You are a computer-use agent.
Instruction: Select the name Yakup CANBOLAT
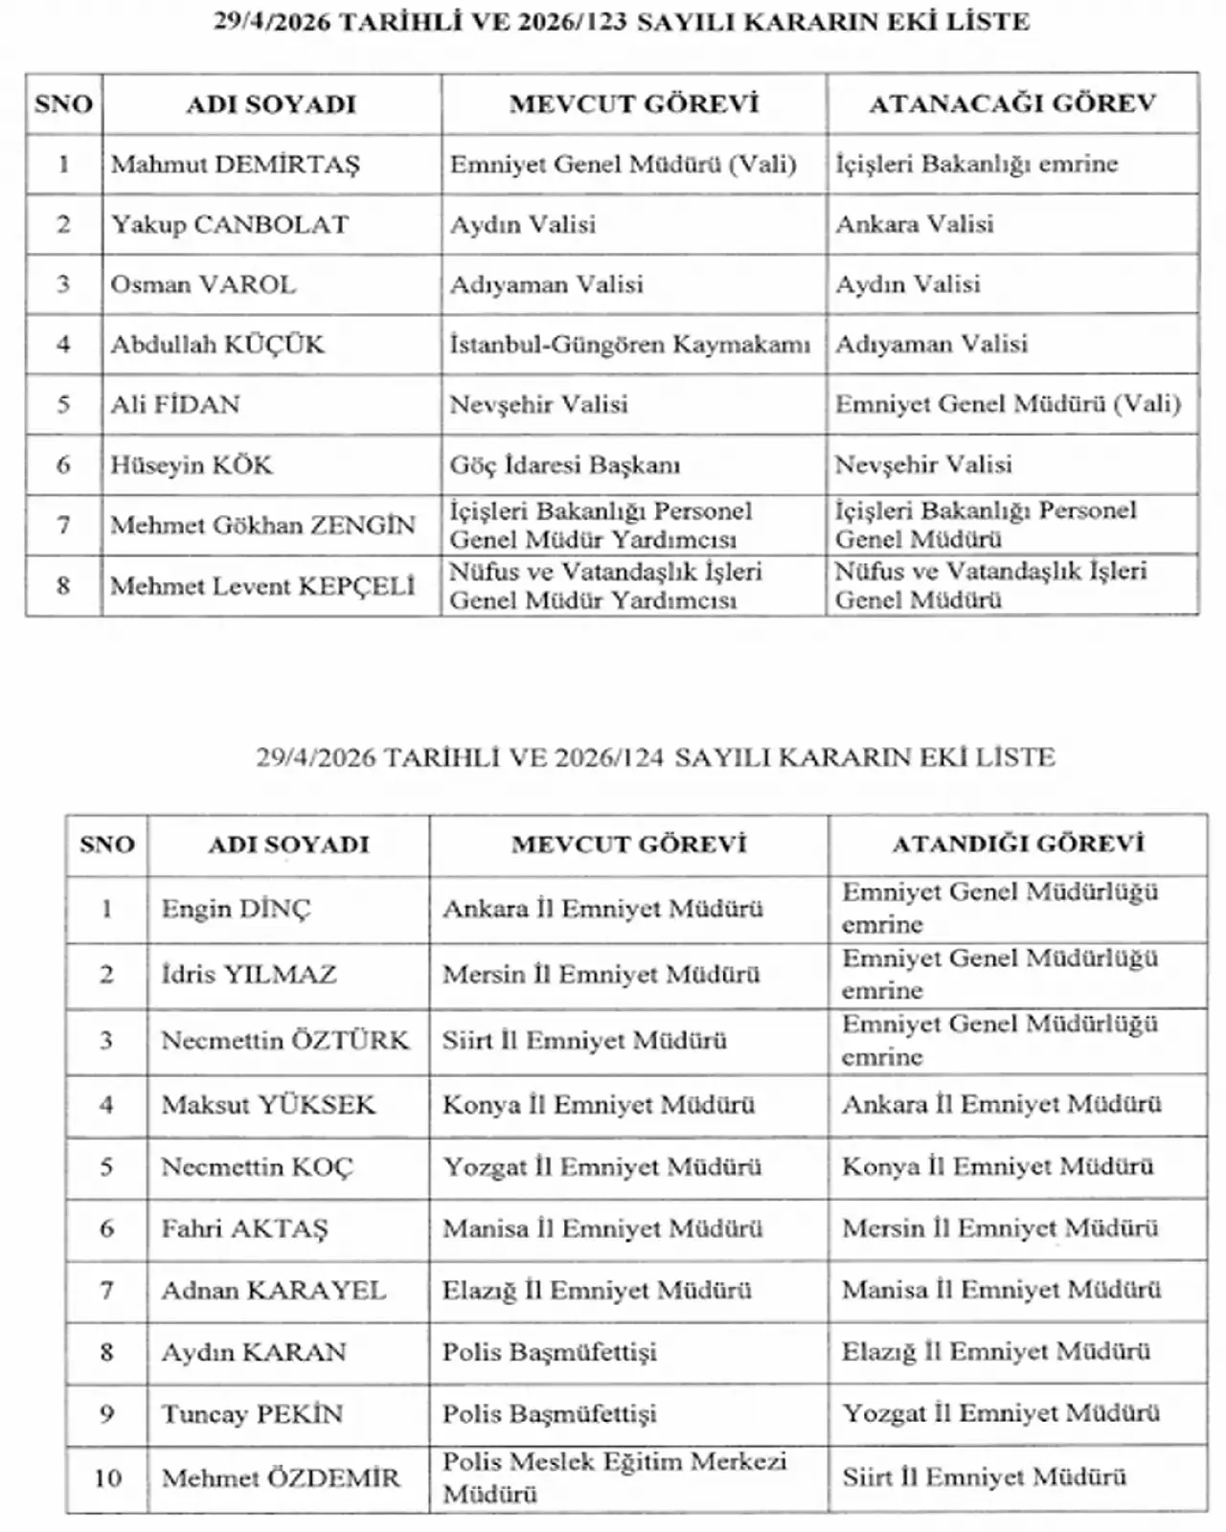pyautogui.click(x=230, y=225)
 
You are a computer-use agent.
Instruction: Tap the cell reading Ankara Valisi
pyautogui.click(x=915, y=224)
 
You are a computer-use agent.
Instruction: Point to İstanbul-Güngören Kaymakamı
pyautogui.click(x=630, y=345)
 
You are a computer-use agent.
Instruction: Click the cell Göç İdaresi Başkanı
pyautogui.click(x=565, y=465)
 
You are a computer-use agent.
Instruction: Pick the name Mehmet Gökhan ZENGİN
pyautogui.click(x=263, y=525)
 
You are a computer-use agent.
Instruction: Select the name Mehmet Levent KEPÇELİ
pyautogui.click(x=263, y=585)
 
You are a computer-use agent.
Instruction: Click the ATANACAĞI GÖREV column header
pyautogui.click(x=1012, y=103)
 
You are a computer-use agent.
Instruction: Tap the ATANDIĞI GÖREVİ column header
pyautogui.click(x=1018, y=844)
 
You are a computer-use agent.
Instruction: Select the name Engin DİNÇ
pyautogui.click(x=237, y=909)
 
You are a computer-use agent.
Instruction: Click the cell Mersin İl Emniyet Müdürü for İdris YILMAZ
pyautogui.click(x=602, y=975)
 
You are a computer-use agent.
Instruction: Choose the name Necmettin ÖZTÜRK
pyautogui.click(x=284, y=1040)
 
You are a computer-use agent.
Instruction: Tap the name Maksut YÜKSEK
pyautogui.click(x=268, y=1105)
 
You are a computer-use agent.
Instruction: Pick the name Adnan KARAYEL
pyautogui.click(x=274, y=1291)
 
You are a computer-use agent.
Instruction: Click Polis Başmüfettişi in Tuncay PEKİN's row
pyautogui.click(x=550, y=1414)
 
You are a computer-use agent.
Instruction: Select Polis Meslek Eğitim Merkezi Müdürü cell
pyautogui.click(x=614, y=1477)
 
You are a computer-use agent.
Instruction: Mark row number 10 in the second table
pyautogui.click(x=107, y=1478)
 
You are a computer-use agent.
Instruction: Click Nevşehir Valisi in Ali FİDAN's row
pyautogui.click(x=539, y=405)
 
